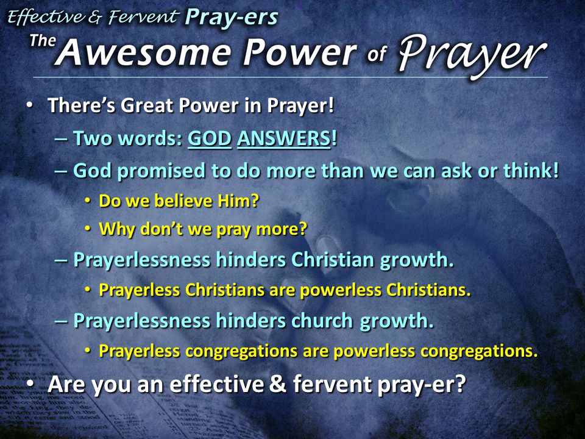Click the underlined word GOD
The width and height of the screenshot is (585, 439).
click(x=209, y=138)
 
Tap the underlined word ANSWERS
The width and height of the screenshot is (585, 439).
click(x=283, y=138)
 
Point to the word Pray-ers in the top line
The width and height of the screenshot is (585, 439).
click(x=232, y=17)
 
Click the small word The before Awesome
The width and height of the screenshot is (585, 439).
click(x=43, y=40)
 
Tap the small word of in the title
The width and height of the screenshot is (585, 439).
click(x=376, y=54)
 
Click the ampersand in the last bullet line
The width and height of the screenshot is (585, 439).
click(x=278, y=384)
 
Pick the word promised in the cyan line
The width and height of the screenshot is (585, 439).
click(x=161, y=171)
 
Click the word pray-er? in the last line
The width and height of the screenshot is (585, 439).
click(x=422, y=385)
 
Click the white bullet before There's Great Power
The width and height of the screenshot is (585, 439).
click(x=29, y=105)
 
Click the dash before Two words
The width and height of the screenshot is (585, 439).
click(x=61, y=139)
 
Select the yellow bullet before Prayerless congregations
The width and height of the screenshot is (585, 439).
click(x=87, y=351)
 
